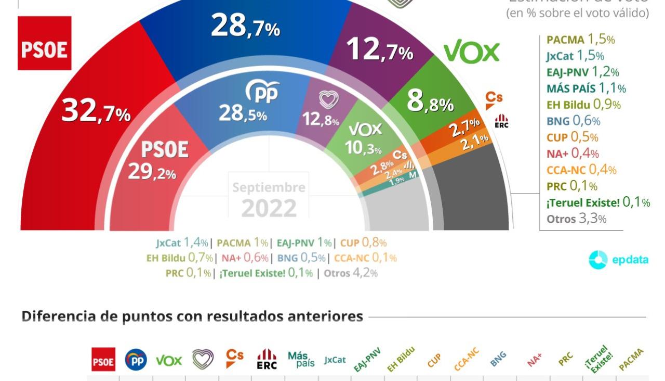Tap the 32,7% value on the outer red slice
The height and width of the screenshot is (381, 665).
pos(96,111)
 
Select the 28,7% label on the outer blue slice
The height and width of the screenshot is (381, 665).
pos(245,27)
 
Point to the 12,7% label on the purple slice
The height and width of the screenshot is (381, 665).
pos(379,50)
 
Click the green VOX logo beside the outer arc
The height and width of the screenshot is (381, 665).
pos(471,53)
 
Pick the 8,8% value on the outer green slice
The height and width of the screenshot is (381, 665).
pos(430,102)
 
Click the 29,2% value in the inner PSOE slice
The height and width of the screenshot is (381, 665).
pos(152,172)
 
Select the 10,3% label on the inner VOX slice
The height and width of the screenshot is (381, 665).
pos(363,148)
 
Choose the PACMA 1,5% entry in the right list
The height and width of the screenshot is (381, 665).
pos(580,40)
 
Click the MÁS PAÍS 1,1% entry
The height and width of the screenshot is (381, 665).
pos(586,88)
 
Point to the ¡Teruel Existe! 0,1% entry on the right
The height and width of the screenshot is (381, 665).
pos(598,202)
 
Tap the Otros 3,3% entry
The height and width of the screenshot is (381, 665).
pos(576,219)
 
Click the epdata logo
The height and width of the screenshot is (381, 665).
pos(618,260)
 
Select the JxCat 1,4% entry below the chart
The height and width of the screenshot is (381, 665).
pos(182,243)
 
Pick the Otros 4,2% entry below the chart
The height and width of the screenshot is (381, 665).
pos(351,273)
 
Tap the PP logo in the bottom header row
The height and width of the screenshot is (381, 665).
pos(136,360)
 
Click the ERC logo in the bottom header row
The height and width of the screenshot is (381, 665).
pos(267,359)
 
